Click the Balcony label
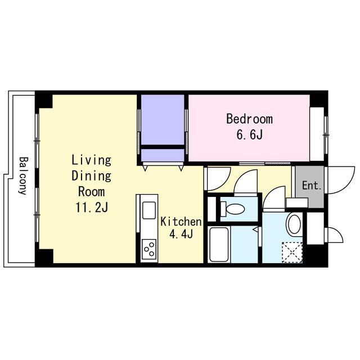(24, 176)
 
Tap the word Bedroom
(250, 119)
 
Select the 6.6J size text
(250, 134)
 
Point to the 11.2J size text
(92, 208)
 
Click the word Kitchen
(181, 222)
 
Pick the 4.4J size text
(181, 234)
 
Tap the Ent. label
(312, 186)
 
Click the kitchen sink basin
(149, 210)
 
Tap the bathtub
(219, 244)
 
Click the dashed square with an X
(292, 253)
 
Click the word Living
(92, 160)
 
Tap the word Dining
(92, 176)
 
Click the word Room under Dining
(92, 192)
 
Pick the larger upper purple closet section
(163, 120)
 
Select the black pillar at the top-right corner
(319, 99)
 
